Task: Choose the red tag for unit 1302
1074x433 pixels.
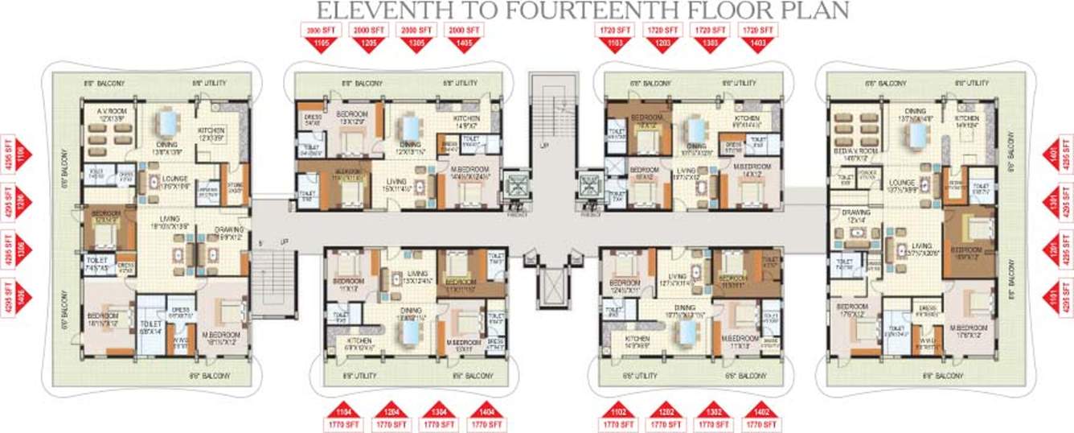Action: pyautogui.click(x=712, y=408)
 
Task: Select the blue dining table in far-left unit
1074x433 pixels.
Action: pyautogui.click(x=169, y=123)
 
